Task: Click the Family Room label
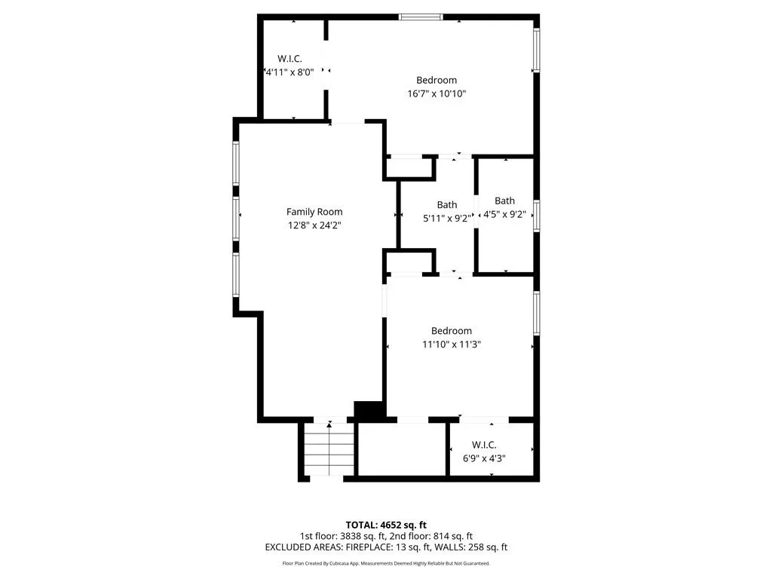click(x=314, y=212)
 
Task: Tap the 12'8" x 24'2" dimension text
click(x=314, y=225)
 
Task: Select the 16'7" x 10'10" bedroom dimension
click(x=437, y=93)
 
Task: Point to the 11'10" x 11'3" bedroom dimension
click(x=452, y=344)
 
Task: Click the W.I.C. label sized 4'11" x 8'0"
click(x=289, y=59)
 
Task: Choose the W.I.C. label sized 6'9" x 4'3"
click(x=484, y=445)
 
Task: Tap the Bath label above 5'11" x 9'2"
click(x=447, y=205)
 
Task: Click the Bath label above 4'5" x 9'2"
click(x=504, y=201)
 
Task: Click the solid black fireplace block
click(x=369, y=412)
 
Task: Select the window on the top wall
click(x=421, y=17)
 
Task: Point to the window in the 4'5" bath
click(x=537, y=215)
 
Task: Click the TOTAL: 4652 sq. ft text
click(x=386, y=525)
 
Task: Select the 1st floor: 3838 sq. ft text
click(x=343, y=536)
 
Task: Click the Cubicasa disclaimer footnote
click(x=386, y=563)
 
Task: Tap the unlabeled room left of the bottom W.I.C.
click(x=402, y=449)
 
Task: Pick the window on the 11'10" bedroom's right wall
click(x=537, y=313)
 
